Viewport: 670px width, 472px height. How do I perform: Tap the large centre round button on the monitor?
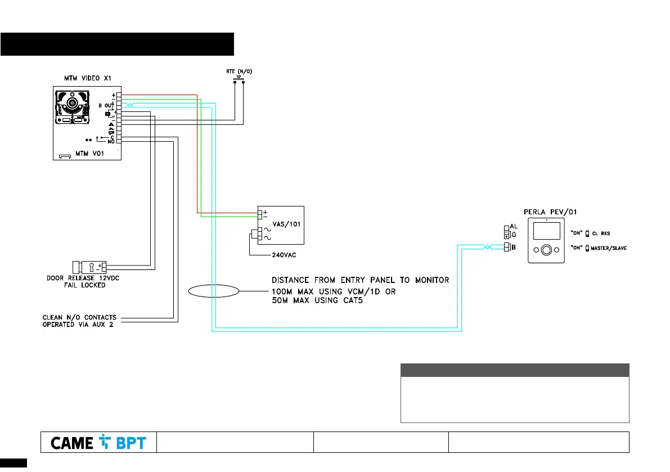click(546, 250)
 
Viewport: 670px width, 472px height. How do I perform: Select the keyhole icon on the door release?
click(91, 266)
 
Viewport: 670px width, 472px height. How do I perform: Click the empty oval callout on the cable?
click(213, 292)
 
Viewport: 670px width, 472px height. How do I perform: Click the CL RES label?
click(601, 233)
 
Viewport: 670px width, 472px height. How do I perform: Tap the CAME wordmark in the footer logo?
click(72, 443)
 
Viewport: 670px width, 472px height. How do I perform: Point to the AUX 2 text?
click(102, 325)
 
